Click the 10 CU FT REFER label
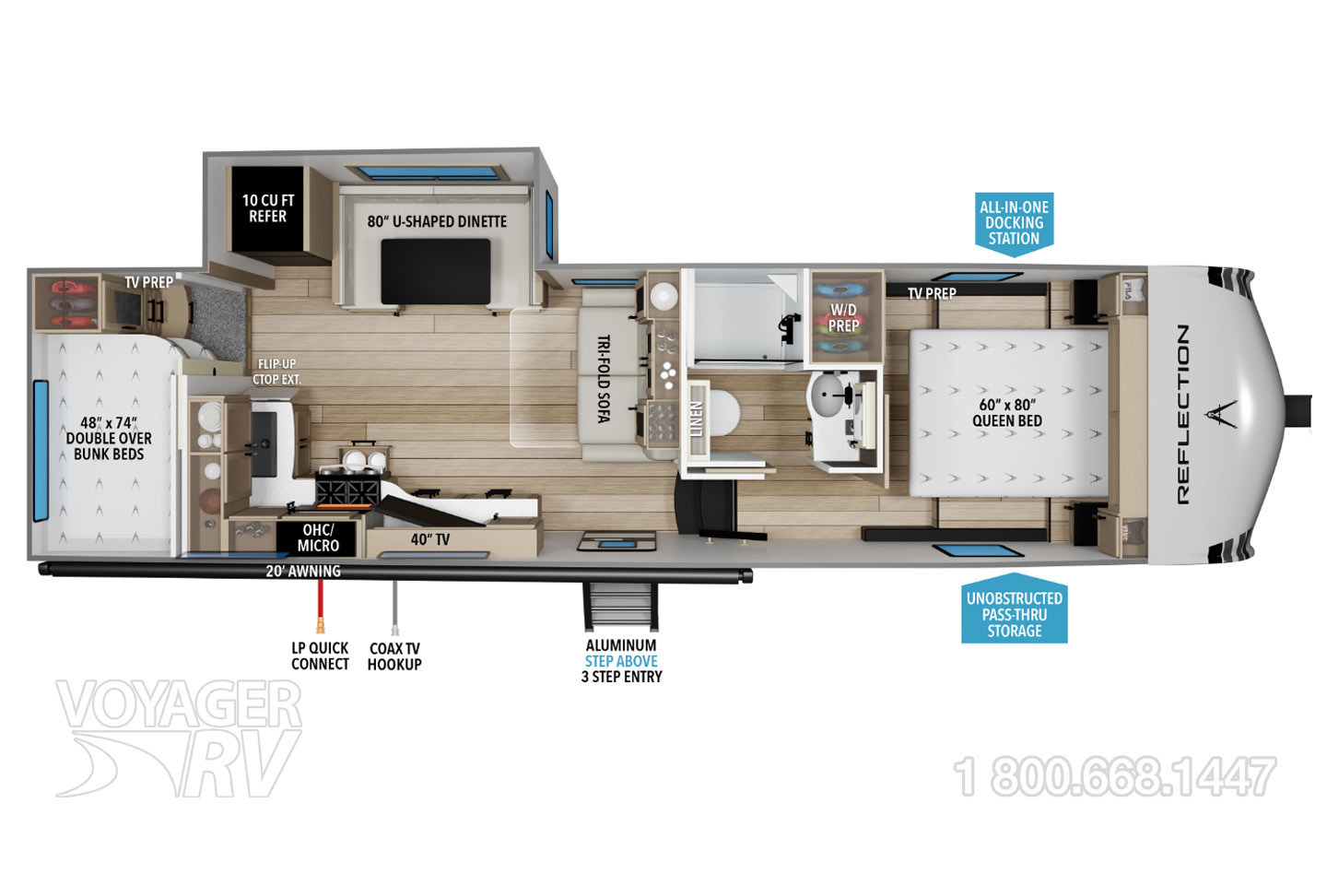coord(268,208)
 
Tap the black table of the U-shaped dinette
coord(435,271)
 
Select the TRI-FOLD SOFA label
coord(604,379)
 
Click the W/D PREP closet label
coord(843,317)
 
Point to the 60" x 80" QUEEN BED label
coord(1007,412)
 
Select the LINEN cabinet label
coord(697,419)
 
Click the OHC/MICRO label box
coord(318,538)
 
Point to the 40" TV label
coord(430,540)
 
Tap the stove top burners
coord(347,490)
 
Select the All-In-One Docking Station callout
coord(1014,224)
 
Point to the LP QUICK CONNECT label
coord(320,656)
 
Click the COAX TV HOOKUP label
coord(394,656)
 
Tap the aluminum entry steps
coord(620,607)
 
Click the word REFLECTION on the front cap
coord(1182,415)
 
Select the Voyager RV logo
coord(179,738)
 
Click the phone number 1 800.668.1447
coord(1115,776)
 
